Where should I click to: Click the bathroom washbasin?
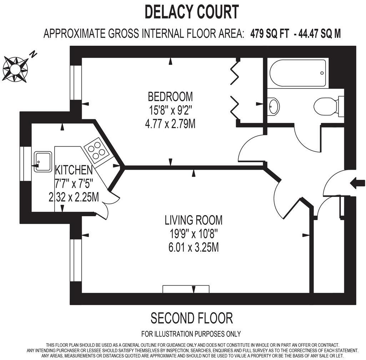[274, 106]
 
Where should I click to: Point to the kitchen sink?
[43, 162]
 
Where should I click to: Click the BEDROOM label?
[170, 96]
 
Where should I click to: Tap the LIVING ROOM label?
[194, 220]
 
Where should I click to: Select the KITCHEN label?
[74, 169]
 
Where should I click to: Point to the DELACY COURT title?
[191, 12]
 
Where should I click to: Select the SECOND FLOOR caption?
[192, 318]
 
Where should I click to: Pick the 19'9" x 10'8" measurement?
[194, 234]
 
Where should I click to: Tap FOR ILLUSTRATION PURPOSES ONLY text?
[191, 334]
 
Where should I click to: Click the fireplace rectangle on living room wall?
[186, 289]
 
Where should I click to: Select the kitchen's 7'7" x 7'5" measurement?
[74, 183]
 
